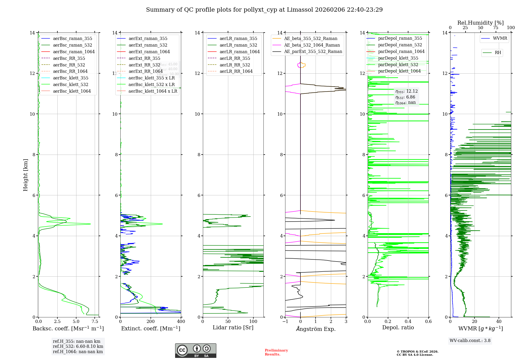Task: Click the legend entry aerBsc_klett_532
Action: coord(70,84)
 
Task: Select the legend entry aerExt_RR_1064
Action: coord(145,71)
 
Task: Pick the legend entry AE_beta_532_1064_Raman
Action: coord(312,45)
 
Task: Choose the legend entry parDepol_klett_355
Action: coord(398,58)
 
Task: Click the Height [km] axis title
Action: coord(25,175)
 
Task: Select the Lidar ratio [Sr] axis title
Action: coord(233,327)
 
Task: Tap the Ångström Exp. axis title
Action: coord(316,329)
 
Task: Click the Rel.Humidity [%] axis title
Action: coord(480,23)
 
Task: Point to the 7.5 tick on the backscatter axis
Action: coord(95,321)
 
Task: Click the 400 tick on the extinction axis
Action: coord(181,321)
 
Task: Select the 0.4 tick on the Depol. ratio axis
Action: coord(408,321)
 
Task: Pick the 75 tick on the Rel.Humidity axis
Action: coord(495,28)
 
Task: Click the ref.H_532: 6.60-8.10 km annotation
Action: coord(78,346)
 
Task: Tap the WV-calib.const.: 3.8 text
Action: coord(470,340)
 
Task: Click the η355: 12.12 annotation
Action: coord(407,91)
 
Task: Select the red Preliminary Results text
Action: coord(276,352)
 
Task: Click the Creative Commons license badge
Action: coord(195,350)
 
